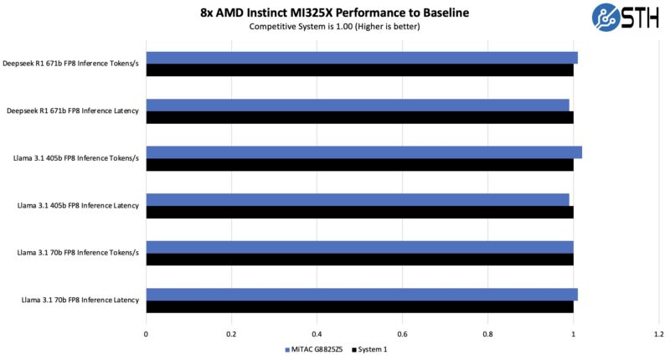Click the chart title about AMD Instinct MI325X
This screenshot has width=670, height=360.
pyautogui.click(x=334, y=13)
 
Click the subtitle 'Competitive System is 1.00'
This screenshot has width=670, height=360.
pyautogui.click(x=334, y=27)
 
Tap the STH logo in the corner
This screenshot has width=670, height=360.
pyautogui.click(x=630, y=18)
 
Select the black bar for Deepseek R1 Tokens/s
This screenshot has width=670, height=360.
pyautogui.click(x=359, y=70)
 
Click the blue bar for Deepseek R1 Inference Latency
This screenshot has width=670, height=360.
pyautogui.click(x=358, y=105)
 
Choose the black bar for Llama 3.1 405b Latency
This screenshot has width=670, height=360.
pyautogui.click(x=359, y=212)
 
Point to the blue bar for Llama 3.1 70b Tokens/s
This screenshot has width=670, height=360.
pyautogui.click(x=359, y=247)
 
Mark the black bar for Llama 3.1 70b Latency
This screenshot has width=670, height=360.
pyautogui.click(x=359, y=306)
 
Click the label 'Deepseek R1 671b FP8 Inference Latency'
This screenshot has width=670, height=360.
pyautogui.click(x=74, y=111)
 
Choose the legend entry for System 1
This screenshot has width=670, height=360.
pyautogui.click(x=369, y=349)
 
